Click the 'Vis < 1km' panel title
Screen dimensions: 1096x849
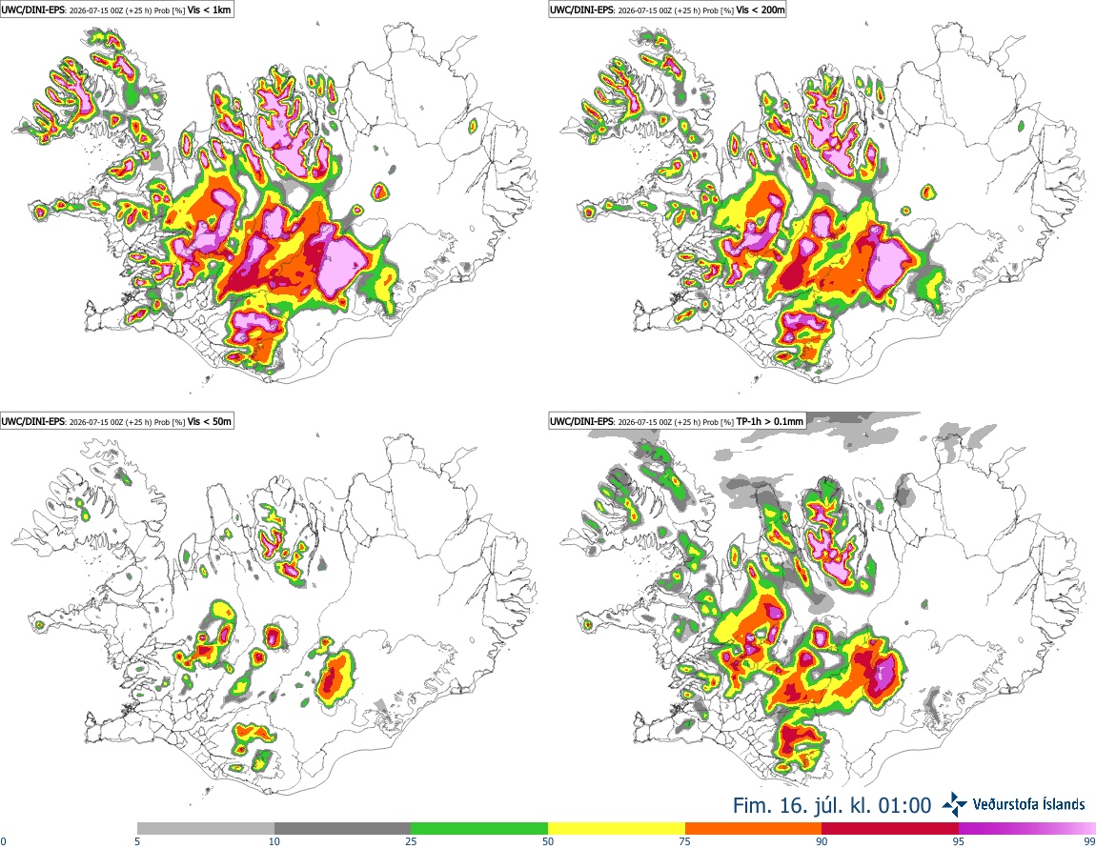[210, 10]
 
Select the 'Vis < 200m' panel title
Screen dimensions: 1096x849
[761, 10]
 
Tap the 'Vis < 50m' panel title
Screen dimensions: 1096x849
[210, 421]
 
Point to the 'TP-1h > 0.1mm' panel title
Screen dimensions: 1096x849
[770, 421]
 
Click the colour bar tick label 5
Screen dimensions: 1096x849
[137, 841]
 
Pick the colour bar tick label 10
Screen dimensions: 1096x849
[274, 841]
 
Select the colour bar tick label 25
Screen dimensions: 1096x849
[411, 841]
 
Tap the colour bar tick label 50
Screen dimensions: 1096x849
[548, 841]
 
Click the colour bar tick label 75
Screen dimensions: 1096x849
[685, 841]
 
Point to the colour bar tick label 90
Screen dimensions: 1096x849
[822, 841]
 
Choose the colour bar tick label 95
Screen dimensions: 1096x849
[959, 841]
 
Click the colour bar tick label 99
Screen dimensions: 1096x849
[1089, 841]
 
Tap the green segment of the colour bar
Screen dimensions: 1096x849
[479, 829]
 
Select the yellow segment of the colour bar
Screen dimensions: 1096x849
[617, 829]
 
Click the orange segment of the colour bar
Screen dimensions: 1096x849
[754, 829]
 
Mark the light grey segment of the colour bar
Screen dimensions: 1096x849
[206, 829]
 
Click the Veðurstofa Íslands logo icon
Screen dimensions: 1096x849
[955, 805]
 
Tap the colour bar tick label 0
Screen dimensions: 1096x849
[4, 841]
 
